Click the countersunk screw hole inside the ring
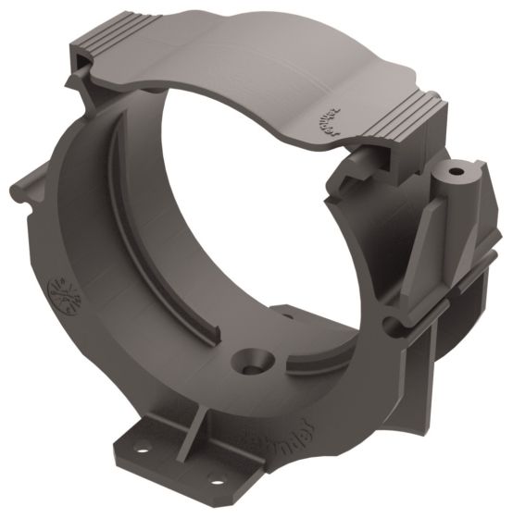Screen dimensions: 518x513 (251, 360)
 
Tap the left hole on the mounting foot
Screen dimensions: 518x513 (143, 450)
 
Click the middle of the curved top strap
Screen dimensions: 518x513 (250, 55)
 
